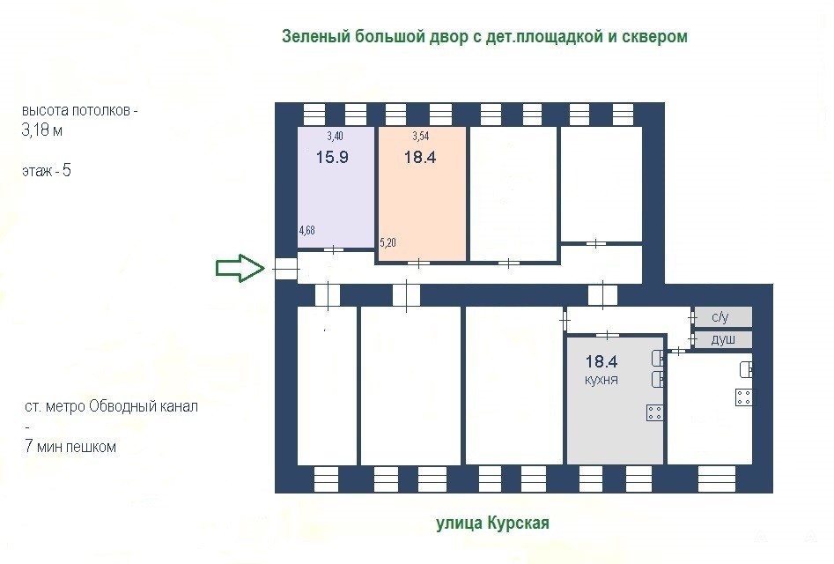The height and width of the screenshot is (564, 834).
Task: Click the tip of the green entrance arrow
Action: click(264, 268)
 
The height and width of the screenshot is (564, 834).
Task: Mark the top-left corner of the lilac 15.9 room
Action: click(298, 127)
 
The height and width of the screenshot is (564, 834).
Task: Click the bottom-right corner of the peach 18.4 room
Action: click(466, 261)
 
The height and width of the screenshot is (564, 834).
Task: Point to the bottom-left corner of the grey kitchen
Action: click(567, 464)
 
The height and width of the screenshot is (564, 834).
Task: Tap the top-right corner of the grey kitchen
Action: click(663, 337)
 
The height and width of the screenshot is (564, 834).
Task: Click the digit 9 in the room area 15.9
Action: click(343, 157)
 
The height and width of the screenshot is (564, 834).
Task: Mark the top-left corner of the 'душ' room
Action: click(695, 331)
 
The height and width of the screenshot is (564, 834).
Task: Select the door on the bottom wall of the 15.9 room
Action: click(334, 249)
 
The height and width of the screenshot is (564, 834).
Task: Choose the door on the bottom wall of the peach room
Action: click(418, 263)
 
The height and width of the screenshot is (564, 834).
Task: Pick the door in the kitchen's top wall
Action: click(608, 335)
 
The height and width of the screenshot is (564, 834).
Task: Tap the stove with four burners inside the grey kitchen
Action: click(654, 412)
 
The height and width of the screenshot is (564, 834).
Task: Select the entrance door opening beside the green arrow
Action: click(286, 270)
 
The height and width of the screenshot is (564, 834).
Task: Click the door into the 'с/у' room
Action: click(692, 317)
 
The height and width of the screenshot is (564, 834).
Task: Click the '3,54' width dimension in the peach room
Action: click(421, 137)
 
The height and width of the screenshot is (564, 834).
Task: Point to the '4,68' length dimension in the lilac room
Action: click(306, 230)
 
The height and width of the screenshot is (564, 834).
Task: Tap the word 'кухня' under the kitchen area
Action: click(601, 380)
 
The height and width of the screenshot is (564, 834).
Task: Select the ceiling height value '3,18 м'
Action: click(42, 130)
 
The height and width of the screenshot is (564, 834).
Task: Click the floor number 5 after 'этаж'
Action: click(66, 170)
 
